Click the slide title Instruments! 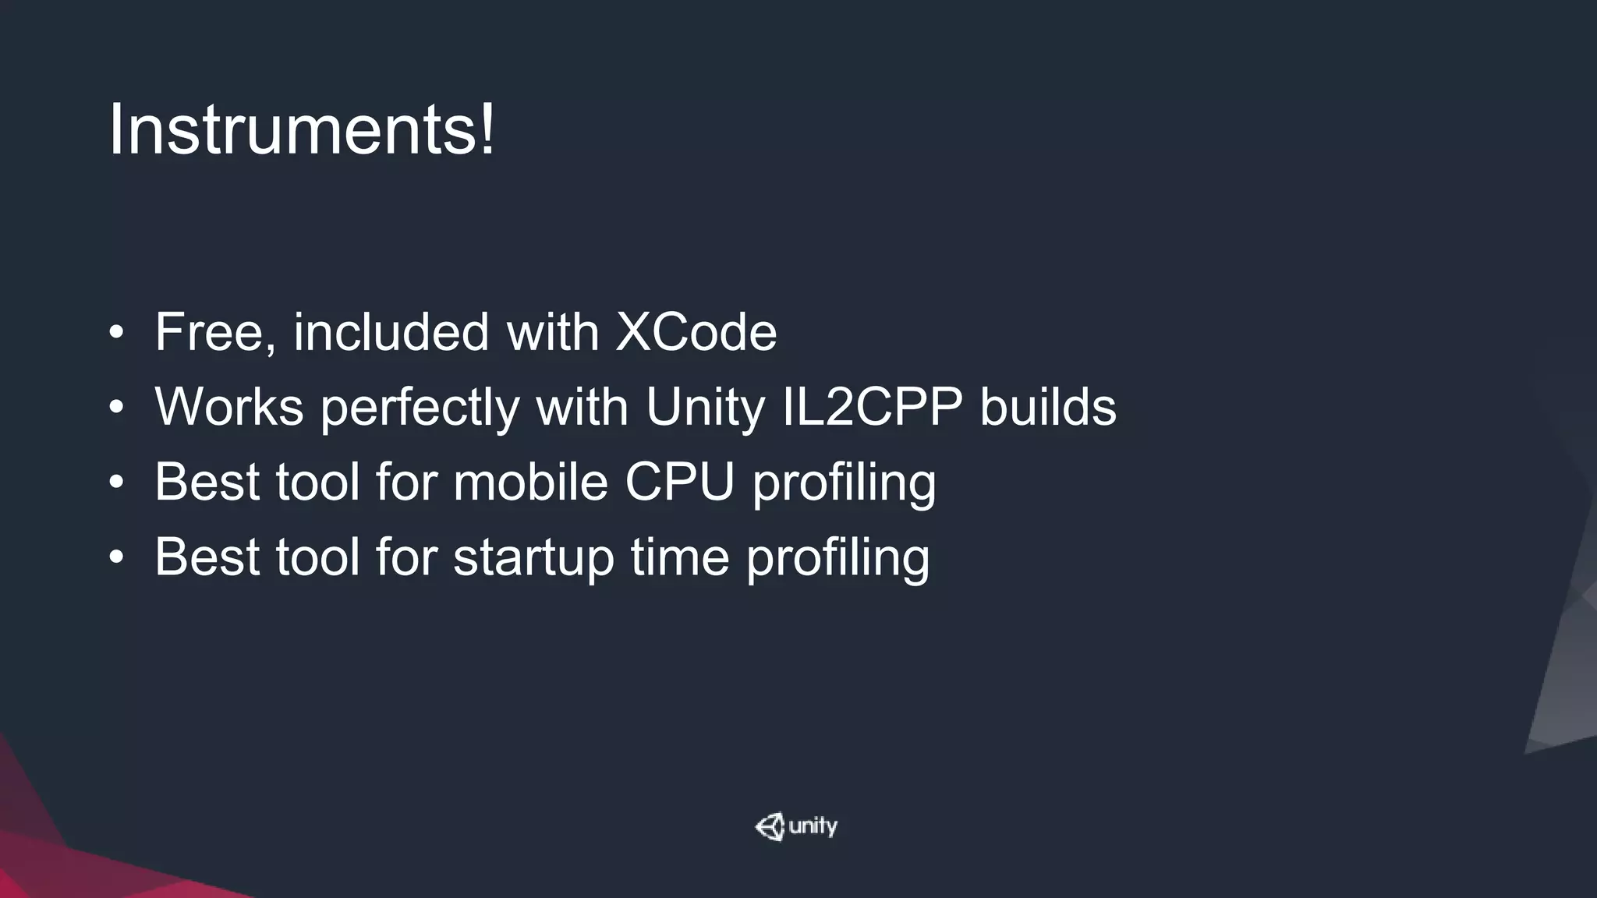[x=301, y=129]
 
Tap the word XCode [x=696, y=332]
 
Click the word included [x=391, y=332]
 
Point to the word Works [x=228, y=407]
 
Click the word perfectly [x=420, y=407]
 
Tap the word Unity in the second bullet [x=705, y=407]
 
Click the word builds [x=1047, y=407]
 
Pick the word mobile [x=530, y=482]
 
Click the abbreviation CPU [x=679, y=482]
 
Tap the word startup [x=533, y=557]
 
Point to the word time [x=679, y=557]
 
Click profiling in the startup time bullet [x=837, y=557]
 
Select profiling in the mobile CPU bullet [x=844, y=482]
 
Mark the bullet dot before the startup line [x=117, y=558]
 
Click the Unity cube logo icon [x=770, y=826]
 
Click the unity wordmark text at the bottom [x=813, y=826]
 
